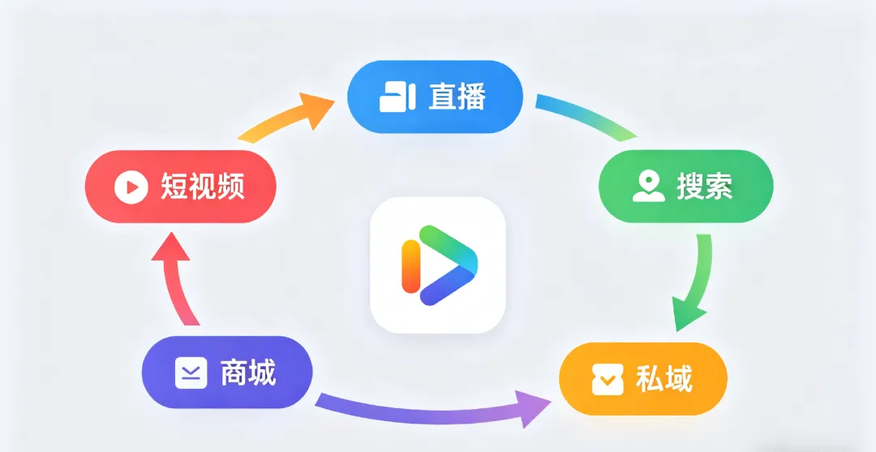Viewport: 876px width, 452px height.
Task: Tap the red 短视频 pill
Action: (181, 187)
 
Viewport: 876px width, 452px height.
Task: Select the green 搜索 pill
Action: (685, 187)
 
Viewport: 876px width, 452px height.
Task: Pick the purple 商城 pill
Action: (227, 374)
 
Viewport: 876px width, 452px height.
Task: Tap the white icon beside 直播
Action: (397, 97)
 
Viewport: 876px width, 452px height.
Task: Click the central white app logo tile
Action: (437, 265)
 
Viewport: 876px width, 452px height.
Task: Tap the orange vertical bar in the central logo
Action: (410, 266)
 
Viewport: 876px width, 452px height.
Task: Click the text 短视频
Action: (203, 187)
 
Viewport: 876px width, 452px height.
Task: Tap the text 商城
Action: (248, 374)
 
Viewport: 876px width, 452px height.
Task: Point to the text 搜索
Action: (705, 187)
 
